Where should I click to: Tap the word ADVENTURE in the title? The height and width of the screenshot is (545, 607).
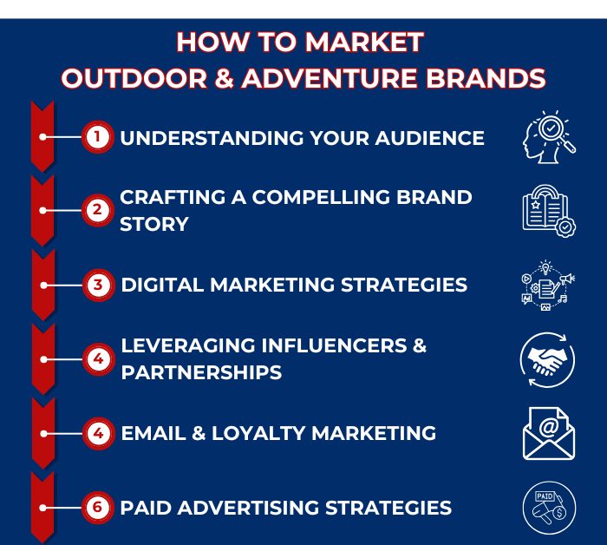(346, 79)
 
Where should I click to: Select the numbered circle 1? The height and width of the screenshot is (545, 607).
(98, 137)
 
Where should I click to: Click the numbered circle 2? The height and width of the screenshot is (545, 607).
(98, 210)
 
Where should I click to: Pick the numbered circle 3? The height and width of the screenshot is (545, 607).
(98, 284)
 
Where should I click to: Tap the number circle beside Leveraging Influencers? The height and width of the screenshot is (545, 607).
(98, 358)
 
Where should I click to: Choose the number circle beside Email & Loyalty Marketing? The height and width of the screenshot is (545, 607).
(98, 432)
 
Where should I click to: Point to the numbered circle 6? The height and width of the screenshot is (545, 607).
(98, 507)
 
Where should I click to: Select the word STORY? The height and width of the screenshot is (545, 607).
(153, 224)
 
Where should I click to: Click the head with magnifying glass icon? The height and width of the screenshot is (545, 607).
(548, 137)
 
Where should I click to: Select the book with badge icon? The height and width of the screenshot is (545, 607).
(548, 211)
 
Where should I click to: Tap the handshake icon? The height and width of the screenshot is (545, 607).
(548, 358)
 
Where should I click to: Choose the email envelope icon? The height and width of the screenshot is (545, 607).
(548, 433)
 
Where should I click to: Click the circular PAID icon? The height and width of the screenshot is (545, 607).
(549, 508)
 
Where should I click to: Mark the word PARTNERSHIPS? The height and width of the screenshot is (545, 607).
(201, 372)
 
